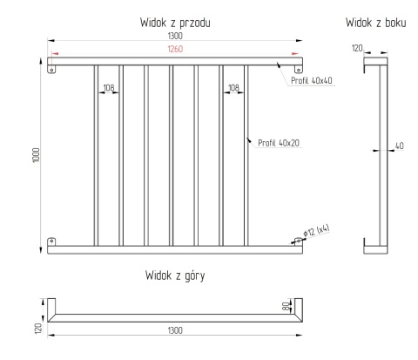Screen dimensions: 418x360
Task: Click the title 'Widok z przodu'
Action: click(175, 23)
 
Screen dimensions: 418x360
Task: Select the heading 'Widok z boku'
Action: click(375, 23)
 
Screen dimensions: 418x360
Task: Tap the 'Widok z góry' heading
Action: click(175, 275)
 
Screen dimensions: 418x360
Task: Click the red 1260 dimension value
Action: click(175, 49)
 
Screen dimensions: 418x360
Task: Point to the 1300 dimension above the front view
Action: click(175, 36)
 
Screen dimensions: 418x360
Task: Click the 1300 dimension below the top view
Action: click(175, 330)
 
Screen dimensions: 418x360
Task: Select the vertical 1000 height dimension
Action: click(36, 155)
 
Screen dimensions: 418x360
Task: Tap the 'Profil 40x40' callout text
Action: click(312, 80)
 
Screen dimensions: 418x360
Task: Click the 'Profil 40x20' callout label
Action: click(279, 143)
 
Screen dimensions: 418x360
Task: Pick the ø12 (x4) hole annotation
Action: click(316, 231)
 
